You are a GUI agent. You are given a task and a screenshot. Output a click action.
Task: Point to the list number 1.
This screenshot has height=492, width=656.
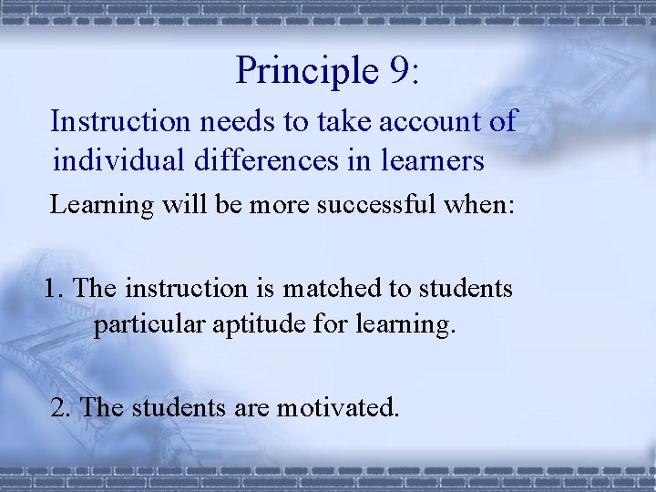pos(53,289)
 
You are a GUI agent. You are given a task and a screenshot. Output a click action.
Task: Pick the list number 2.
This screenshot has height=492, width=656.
pos(61,406)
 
